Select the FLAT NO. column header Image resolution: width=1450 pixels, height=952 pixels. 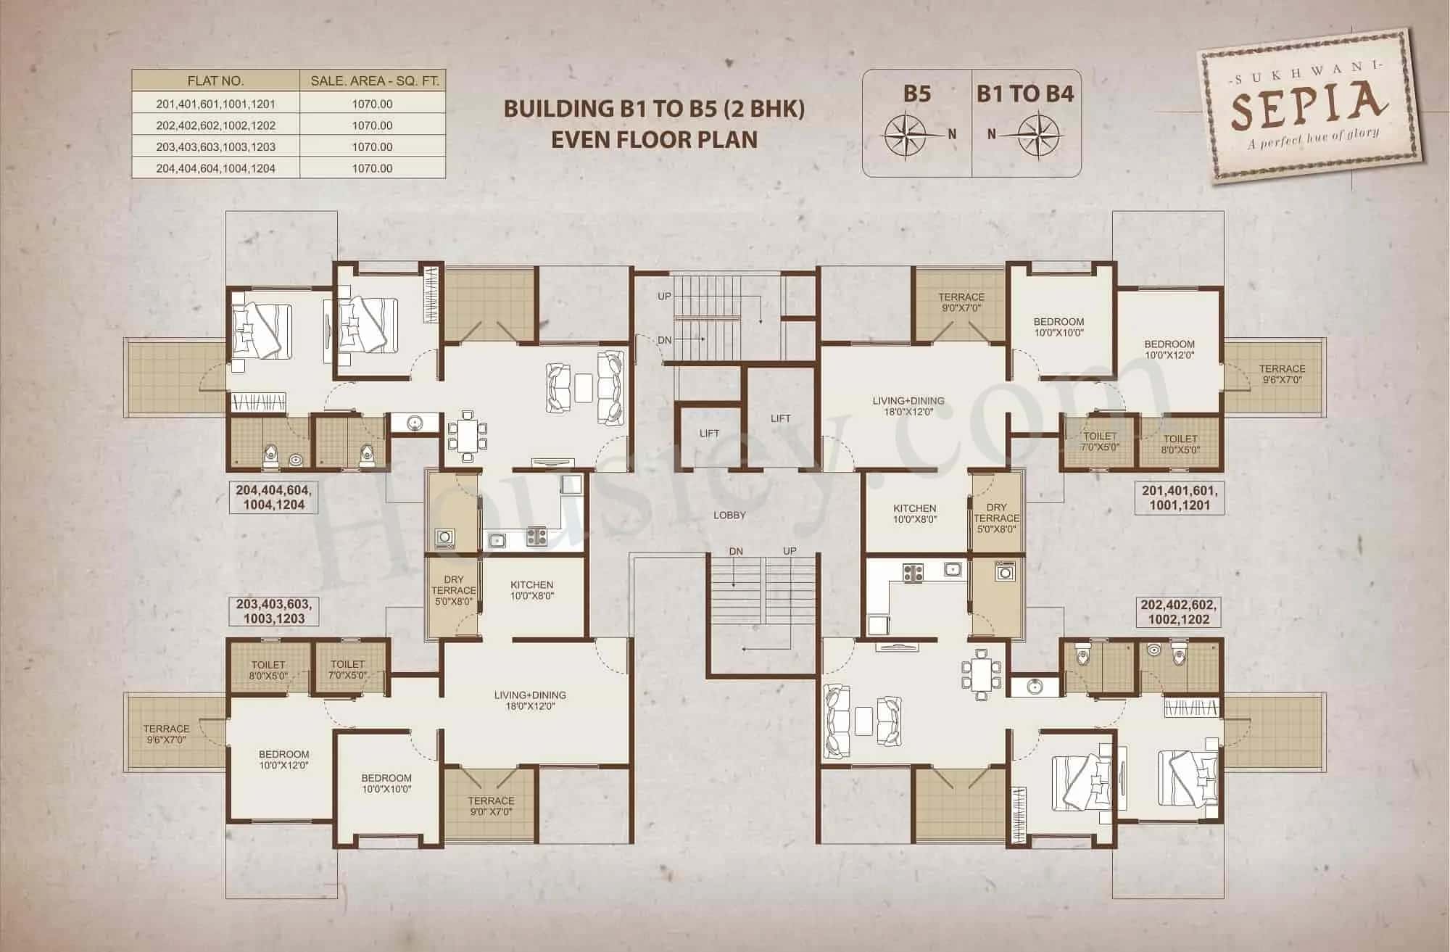tap(215, 80)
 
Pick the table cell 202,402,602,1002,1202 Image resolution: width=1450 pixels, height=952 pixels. tap(215, 125)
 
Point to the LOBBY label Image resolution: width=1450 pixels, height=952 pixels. tap(729, 515)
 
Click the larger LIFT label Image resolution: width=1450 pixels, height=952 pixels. tap(780, 418)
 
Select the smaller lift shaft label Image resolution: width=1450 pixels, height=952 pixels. tap(709, 434)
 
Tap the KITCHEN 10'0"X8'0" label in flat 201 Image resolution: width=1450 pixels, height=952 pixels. tap(914, 513)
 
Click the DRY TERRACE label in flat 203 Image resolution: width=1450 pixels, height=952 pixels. tap(453, 590)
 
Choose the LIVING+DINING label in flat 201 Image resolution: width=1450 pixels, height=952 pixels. tap(908, 405)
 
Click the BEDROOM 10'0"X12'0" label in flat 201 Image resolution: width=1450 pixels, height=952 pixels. tap(1169, 349)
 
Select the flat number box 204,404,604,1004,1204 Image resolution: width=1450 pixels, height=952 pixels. tap(273, 497)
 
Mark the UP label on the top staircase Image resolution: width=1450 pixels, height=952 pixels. tap(664, 296)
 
